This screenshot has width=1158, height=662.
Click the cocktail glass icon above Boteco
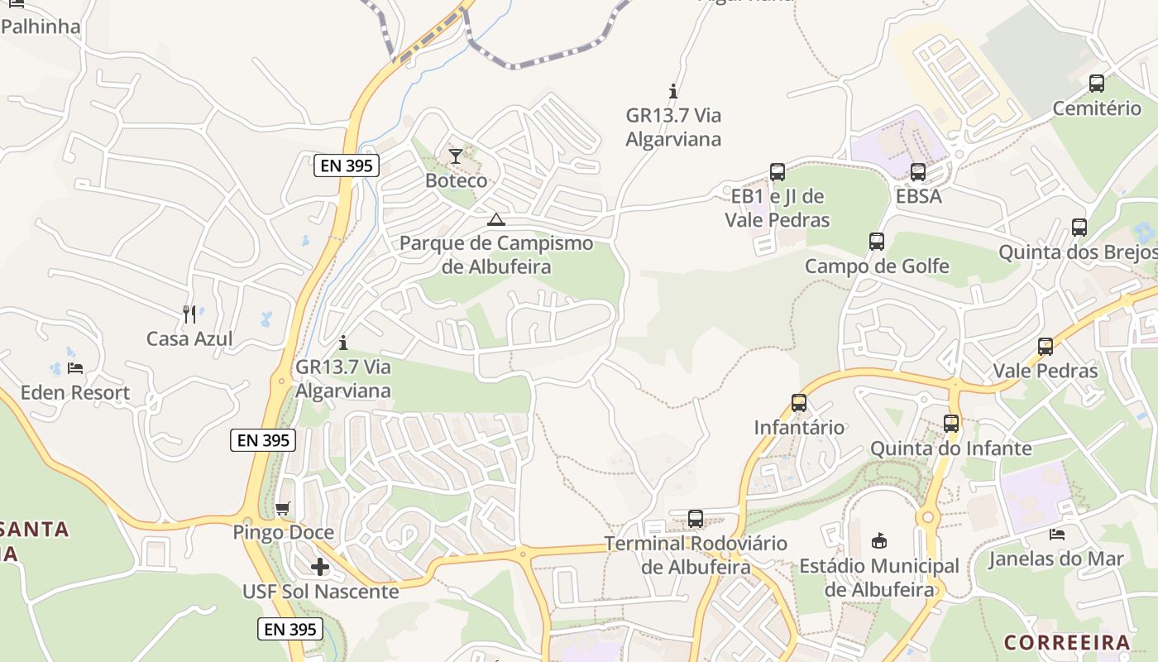(x=456, y=156)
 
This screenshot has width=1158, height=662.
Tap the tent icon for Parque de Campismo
(x=495, y=219)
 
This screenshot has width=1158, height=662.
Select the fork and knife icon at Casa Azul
(x=189, y=314)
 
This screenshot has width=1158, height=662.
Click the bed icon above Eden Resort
(x=75, y=368)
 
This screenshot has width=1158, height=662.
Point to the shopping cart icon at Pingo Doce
(x=283, y=508)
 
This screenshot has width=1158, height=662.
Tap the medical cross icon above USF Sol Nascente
(x=320, y=567)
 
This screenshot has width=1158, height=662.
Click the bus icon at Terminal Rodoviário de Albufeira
(x=696, y=519)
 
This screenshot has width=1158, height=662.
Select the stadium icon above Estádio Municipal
(x=879, y=541)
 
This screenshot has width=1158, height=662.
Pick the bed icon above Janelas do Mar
(x=1056, y=535)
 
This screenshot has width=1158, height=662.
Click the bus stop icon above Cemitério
(x=1097, y=84)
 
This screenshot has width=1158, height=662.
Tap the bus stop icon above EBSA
(x=918, y=172)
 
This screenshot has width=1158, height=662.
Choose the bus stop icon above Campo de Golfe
(x=877, y=242)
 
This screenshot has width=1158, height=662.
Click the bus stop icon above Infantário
(x=799, y=403)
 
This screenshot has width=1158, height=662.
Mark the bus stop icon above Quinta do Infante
(x=951, y=424)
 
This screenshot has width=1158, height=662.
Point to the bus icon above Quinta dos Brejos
(x=1079, y=228)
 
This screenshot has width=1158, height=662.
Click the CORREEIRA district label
(x=1067, y=642)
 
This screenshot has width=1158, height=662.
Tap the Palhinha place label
(x=41, y=26)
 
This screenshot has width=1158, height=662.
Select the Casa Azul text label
(x=189, y=338)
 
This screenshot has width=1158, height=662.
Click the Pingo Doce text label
(x=284, y=532)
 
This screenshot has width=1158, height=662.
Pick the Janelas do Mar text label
(x=1056, y=559)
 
